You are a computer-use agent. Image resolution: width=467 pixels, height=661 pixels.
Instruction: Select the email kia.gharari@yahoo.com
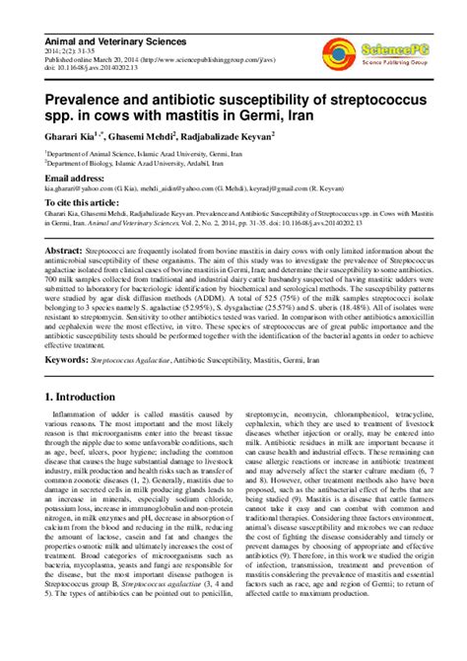(x=82, y=191)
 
